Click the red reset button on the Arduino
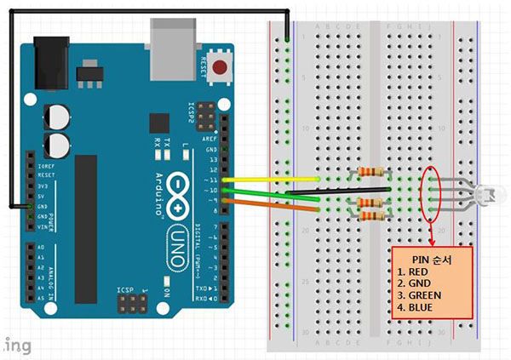click(222, 67)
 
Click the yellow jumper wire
click(273, 180)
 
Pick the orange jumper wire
click(273, 204)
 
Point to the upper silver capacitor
click(56, 115)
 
